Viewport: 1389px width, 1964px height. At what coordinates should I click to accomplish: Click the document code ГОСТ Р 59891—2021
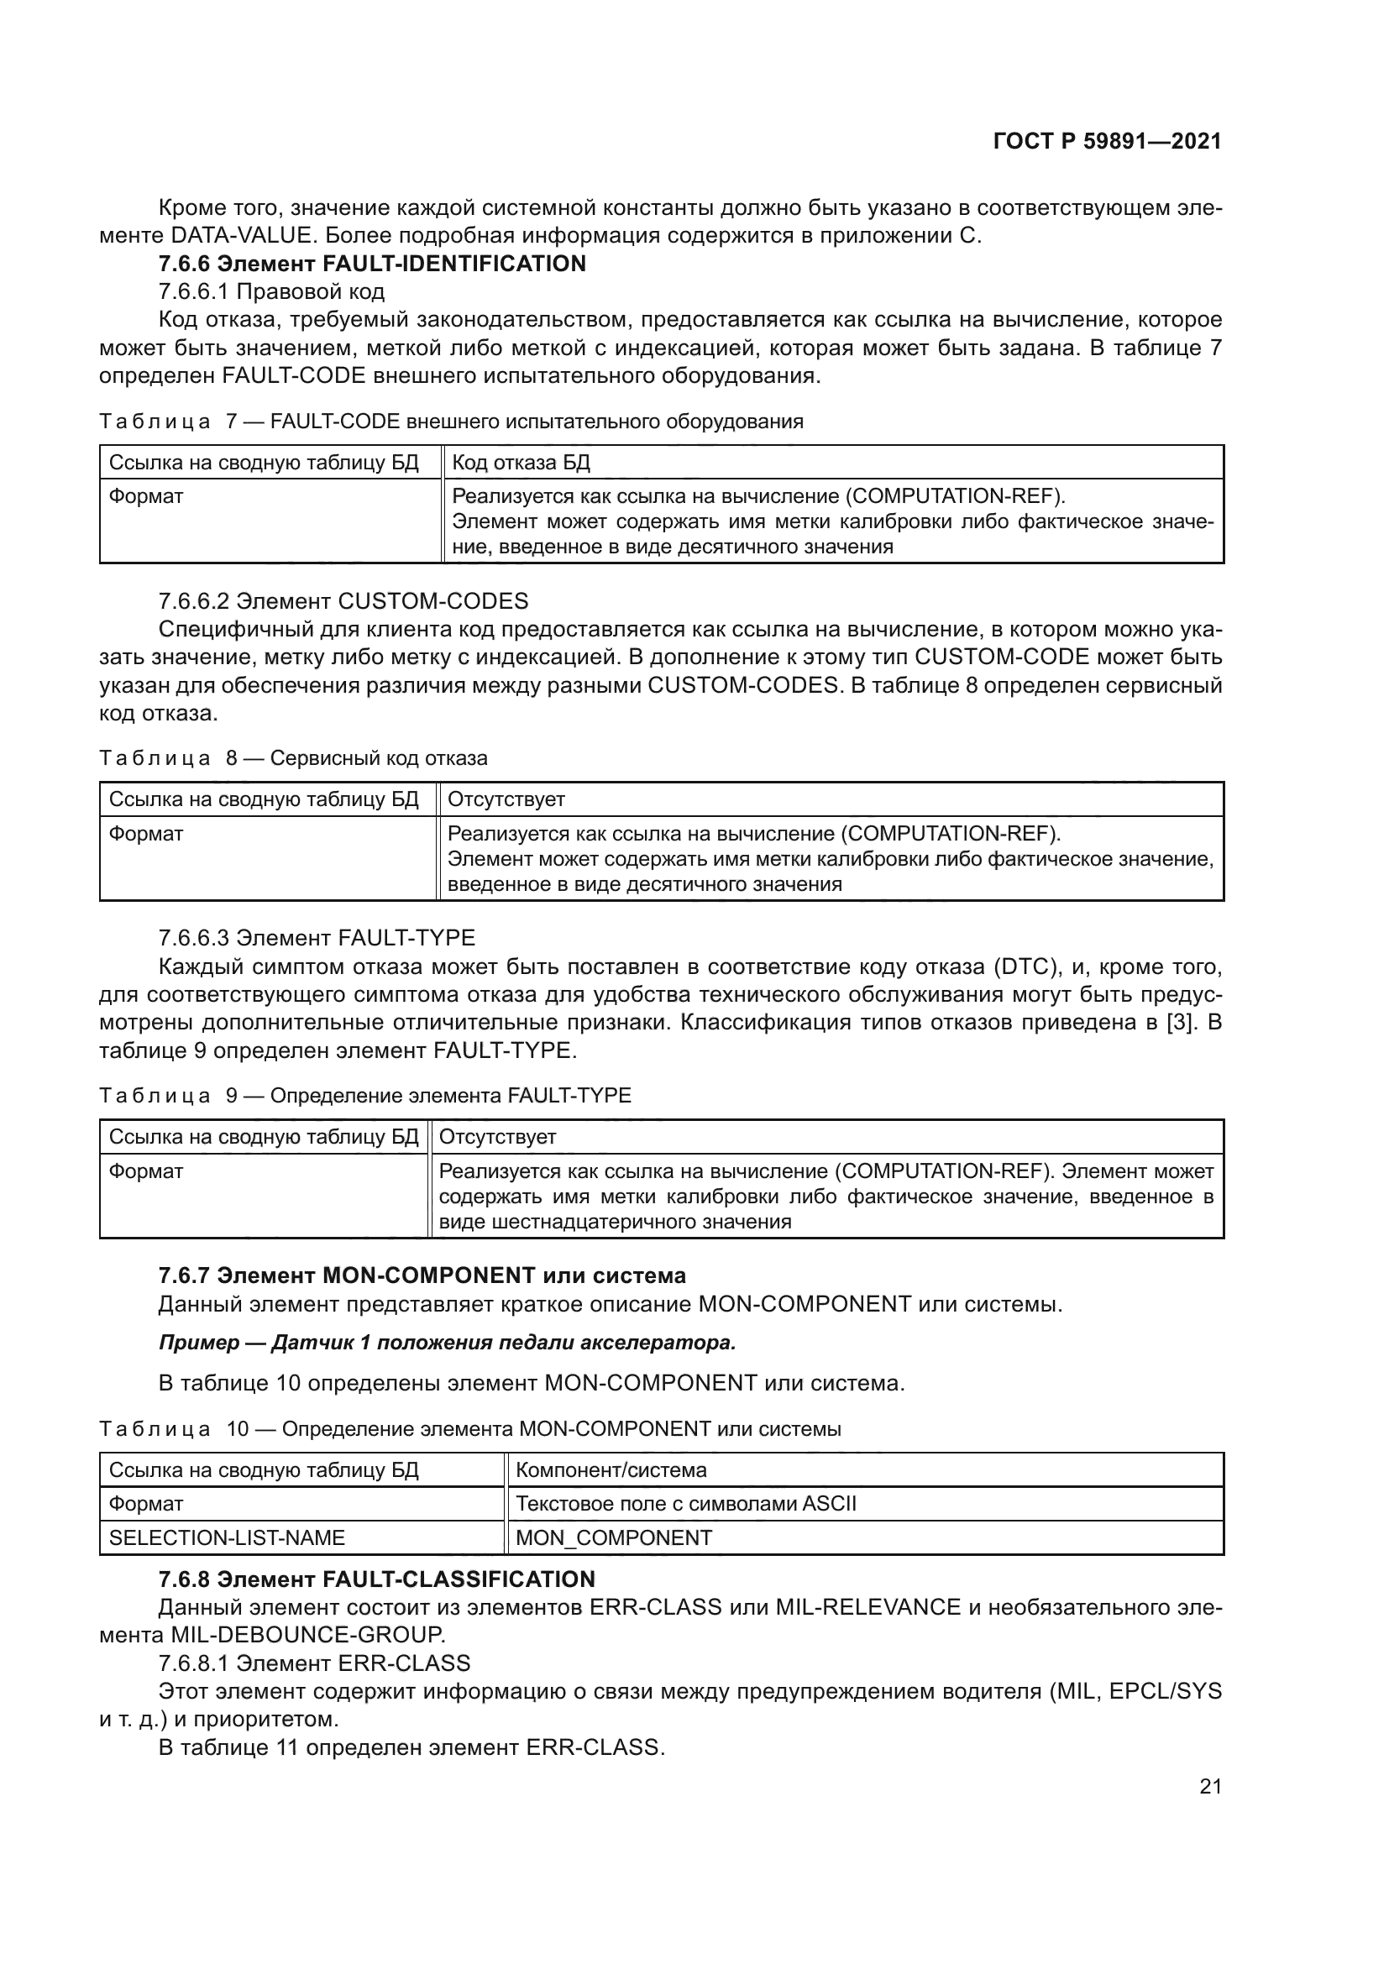tap(1107, 141)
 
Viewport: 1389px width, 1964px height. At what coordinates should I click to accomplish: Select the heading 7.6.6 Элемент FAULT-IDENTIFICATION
tap(372, 264)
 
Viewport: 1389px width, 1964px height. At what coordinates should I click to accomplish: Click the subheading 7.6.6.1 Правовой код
tap(271, 291)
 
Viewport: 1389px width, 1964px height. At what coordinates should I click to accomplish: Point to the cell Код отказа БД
tap(520, 463)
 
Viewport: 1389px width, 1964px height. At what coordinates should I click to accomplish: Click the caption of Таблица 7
tap(451, 421)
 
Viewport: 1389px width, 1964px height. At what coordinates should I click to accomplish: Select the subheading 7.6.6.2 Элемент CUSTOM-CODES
tap(343, 601)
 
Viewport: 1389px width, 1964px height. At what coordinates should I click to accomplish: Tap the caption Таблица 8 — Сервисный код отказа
tap(292, 758)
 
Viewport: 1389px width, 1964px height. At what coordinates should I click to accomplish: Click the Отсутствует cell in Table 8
tap(506, 800)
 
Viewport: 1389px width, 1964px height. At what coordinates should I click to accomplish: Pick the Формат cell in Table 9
tap(146, 1171)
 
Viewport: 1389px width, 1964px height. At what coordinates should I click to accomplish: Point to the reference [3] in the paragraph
tap(1180, 1023)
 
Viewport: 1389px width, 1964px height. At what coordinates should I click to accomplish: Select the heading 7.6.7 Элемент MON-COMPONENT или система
tap(422, 1275)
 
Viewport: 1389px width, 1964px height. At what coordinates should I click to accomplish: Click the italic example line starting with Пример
tap(448, 1343)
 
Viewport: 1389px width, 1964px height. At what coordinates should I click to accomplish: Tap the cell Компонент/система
tap(611, 1470)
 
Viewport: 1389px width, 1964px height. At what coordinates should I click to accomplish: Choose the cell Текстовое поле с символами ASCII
tap(686, 1504)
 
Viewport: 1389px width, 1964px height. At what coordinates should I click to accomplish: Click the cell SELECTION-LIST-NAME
tap(227, 1538)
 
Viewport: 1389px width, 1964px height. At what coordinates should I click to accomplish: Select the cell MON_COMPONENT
tap(613, 1538)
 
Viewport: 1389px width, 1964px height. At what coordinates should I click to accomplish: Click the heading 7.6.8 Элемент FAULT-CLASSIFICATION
tap(376, 1579)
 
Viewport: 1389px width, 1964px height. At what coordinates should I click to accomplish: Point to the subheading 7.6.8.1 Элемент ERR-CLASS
tap(314, 1663)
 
